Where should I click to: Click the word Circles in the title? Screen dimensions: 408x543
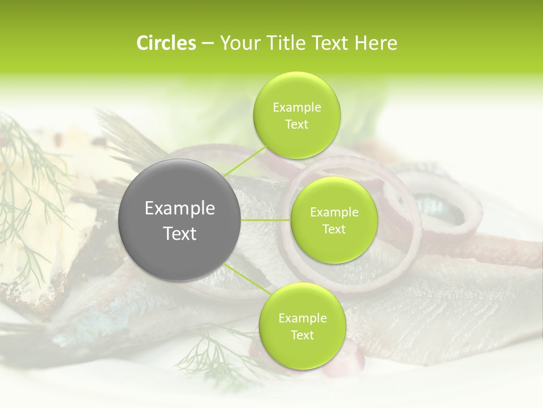166,43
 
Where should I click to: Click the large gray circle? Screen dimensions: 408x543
180,220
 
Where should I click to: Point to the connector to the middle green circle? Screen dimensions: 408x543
266,220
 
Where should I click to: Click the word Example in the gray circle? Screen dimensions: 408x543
180,209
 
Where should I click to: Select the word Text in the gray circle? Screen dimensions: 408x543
180,233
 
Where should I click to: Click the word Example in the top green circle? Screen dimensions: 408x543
297,108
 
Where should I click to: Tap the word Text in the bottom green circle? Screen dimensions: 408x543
302,335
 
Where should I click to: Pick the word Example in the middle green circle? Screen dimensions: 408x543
334,212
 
